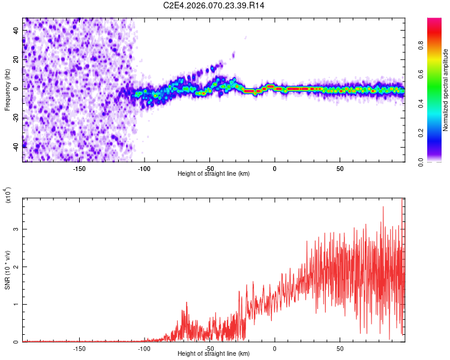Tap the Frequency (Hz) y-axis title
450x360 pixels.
click(8, 89)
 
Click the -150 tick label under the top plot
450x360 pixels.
click(79, 168)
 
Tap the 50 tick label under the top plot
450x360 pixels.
click(340, 168)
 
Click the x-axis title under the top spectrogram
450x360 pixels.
click(214, 173)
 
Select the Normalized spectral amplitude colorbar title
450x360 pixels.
click(445, 90)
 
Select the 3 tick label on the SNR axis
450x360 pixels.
click(16, 229)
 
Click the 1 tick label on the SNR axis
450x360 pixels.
click(16, 305)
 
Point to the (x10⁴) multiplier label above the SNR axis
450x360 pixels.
click(8, 196)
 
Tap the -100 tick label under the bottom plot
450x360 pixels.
click(144, 348)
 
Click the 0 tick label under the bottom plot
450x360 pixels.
click(275, 348)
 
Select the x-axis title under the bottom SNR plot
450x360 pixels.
click(214, 353)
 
